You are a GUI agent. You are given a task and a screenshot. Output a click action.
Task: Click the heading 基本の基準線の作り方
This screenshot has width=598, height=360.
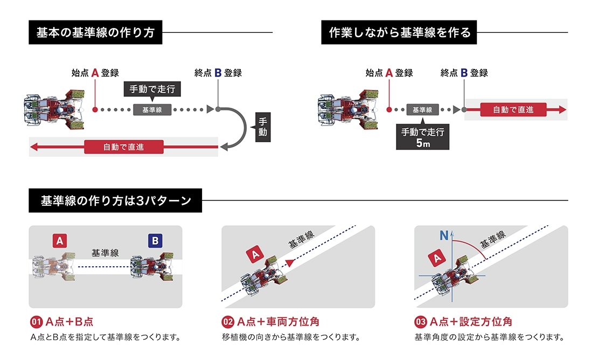95,33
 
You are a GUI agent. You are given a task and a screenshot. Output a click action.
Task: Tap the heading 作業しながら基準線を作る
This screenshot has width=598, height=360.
399,33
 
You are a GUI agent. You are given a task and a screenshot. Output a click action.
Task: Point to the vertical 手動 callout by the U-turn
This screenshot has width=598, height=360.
262,127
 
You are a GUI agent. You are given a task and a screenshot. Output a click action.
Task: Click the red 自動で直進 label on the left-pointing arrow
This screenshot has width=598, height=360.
123,146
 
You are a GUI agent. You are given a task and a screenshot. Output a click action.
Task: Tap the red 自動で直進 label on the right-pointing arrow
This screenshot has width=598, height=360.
513,109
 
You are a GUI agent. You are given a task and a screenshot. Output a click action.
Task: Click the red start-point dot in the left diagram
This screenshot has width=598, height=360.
95,109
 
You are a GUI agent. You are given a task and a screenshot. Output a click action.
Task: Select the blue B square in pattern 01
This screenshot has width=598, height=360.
155,241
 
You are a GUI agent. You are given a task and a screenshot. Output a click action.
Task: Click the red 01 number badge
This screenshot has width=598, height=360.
36,322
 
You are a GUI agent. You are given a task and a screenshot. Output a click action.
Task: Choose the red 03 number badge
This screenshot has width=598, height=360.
420,322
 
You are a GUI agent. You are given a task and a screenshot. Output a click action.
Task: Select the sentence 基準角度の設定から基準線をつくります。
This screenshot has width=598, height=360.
489,338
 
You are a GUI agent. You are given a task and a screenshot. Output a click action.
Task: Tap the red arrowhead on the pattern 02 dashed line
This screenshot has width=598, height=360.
291,261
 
